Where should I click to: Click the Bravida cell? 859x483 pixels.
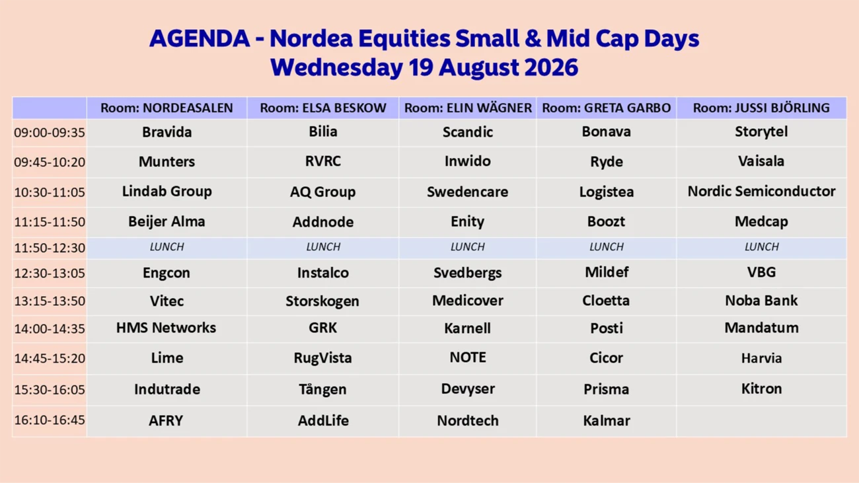[167, 132]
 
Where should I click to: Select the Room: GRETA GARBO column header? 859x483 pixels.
[607, 108]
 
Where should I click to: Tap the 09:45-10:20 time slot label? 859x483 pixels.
[50, 162]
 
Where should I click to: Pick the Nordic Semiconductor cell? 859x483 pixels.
[761, 191]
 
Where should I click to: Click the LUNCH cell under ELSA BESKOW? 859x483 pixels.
[323, 246]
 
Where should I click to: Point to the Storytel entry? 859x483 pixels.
[761, 132]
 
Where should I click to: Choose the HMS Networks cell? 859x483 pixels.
[166, 328]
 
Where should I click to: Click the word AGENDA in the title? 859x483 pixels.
[200, 39]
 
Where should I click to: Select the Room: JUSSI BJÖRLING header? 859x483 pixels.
[761, 108]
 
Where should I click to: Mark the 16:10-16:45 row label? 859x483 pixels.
[50, 420]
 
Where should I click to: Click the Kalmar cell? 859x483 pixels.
[607, 420]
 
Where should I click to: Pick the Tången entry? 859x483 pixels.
[323, 389]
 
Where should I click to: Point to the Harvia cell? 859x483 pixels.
[761, 358]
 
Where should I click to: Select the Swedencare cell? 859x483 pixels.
[467, 192]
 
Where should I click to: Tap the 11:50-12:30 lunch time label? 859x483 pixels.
[50, 248]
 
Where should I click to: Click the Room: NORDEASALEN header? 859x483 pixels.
[167, 108]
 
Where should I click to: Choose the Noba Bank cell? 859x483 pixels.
[761, 301]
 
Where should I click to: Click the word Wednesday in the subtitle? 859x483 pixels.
[336, 68]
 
